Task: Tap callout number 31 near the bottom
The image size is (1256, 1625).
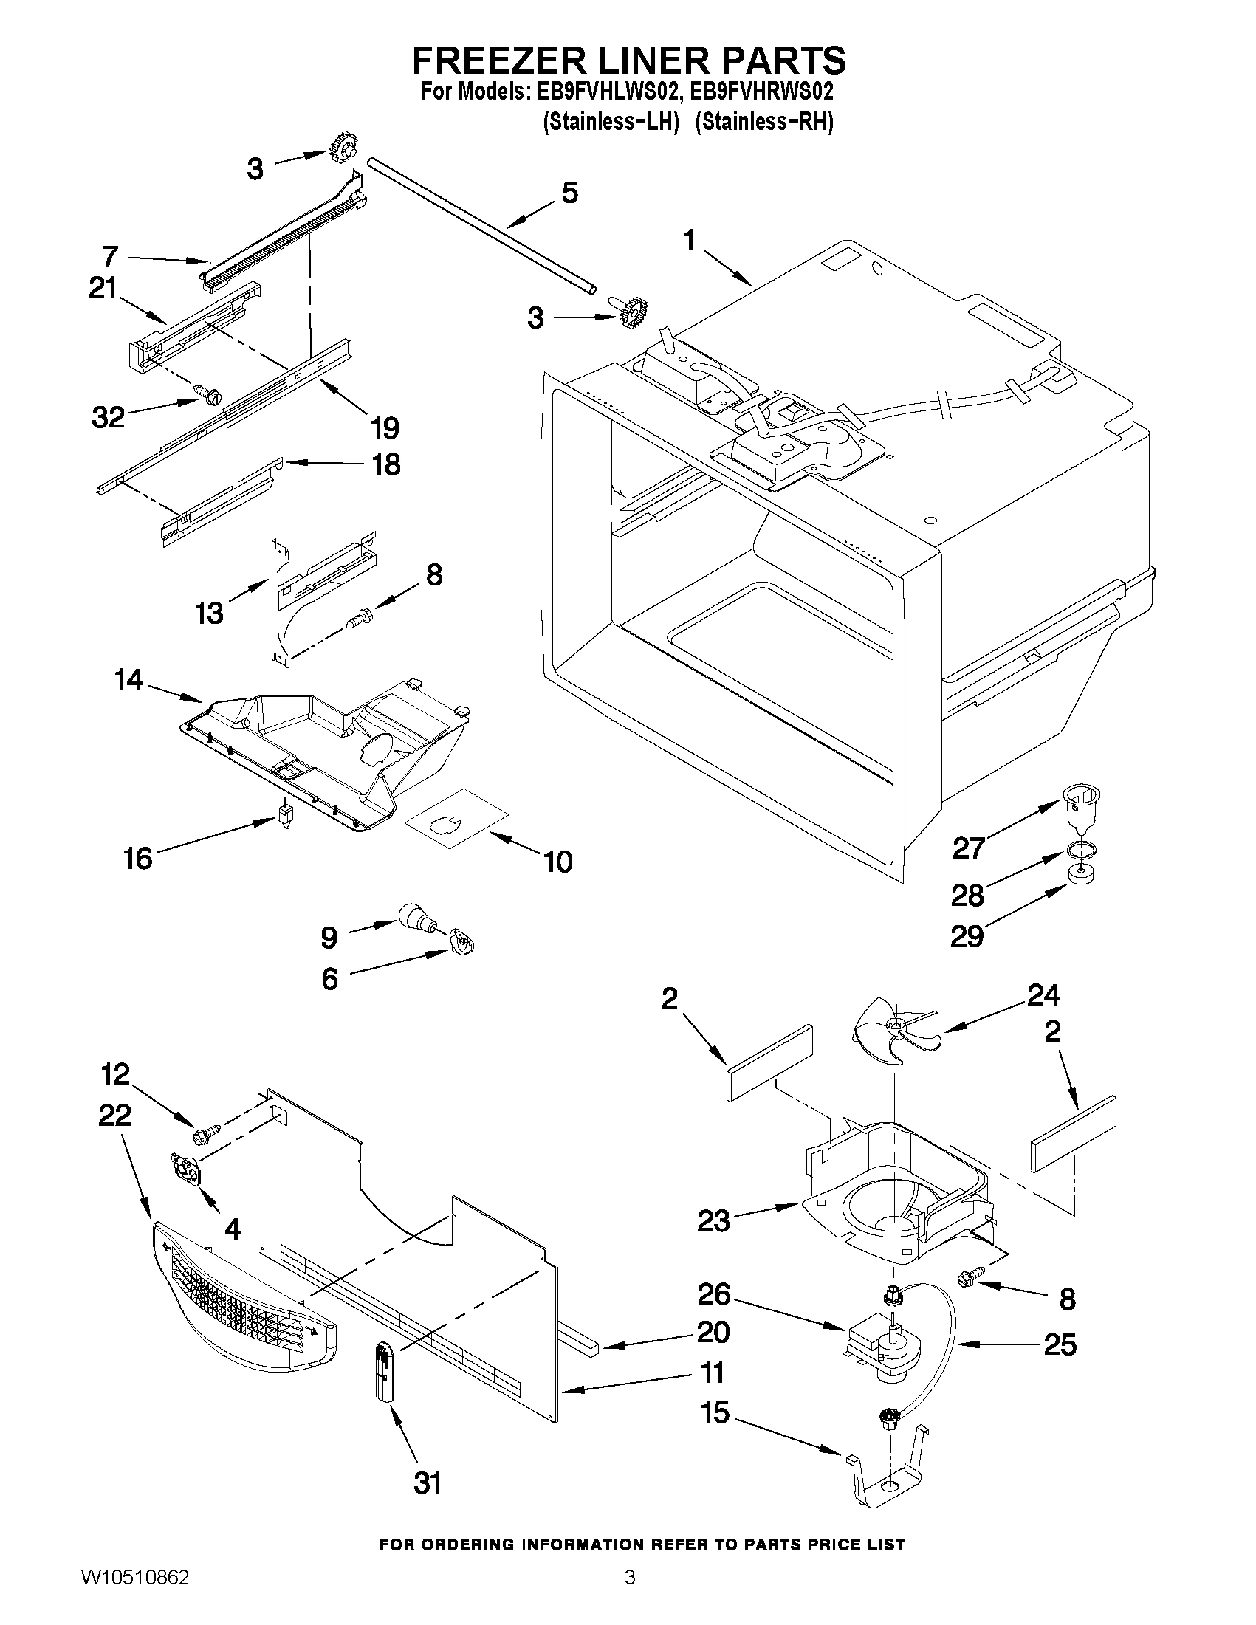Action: click(x=427, y=1483)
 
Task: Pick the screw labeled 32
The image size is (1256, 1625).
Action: click(x=207, y=395)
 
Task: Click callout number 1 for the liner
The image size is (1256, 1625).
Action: click(x=689, y=241)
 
